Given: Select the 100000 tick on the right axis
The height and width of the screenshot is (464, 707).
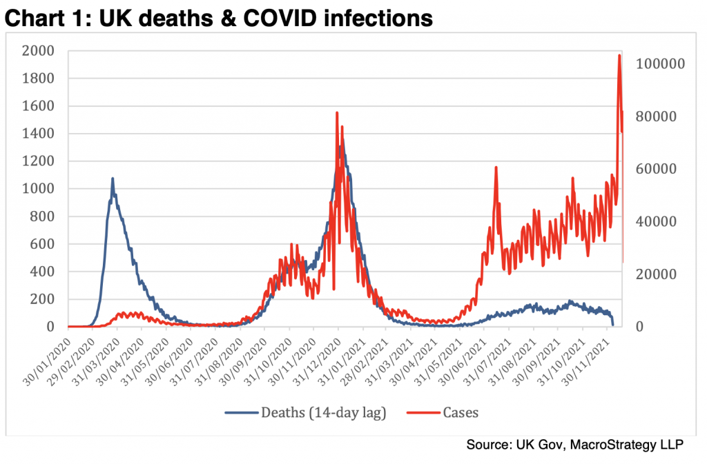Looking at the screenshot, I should pos(659,64).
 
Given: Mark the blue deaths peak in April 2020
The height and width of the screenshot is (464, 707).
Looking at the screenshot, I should pos(113,179).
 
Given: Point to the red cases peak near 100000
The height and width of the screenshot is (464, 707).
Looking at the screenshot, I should pos(619,56).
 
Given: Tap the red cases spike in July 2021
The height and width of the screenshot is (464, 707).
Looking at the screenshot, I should pos(496,168).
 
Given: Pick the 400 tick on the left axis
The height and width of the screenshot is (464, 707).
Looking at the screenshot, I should pos(41,272).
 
